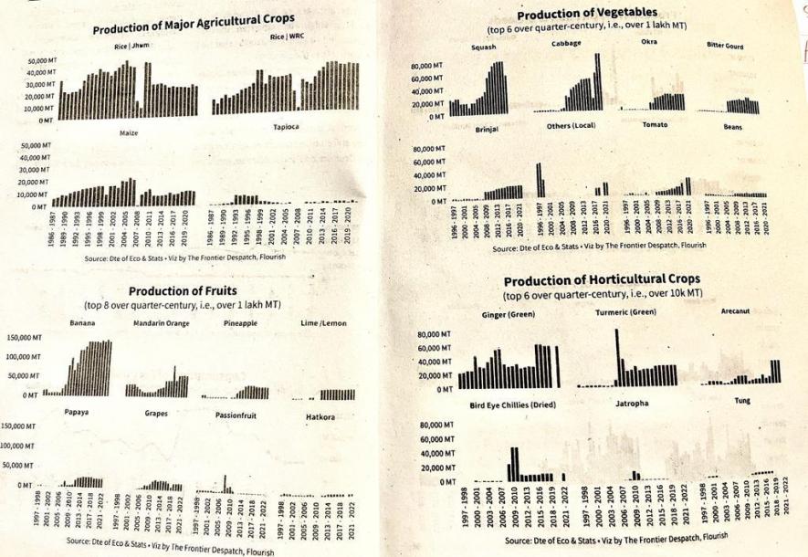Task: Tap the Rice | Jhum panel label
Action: (132, 45)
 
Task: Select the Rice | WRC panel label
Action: (288, 37)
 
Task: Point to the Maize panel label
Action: (129, 133)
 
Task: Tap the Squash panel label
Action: (484, 47)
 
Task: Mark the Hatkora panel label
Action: (323, 417)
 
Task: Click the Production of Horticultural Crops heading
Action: (602, 278)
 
